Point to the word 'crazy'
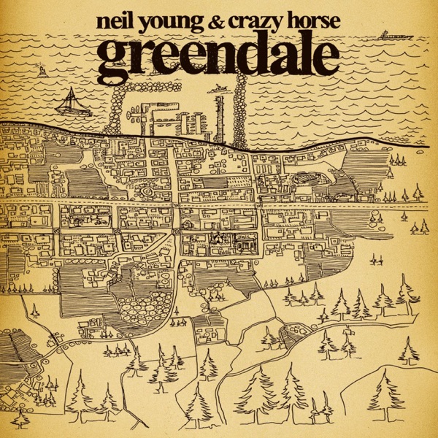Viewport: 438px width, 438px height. (264, 21)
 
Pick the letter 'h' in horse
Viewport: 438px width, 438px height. (300, 19)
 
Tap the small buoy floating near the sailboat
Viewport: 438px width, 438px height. (42, 71)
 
